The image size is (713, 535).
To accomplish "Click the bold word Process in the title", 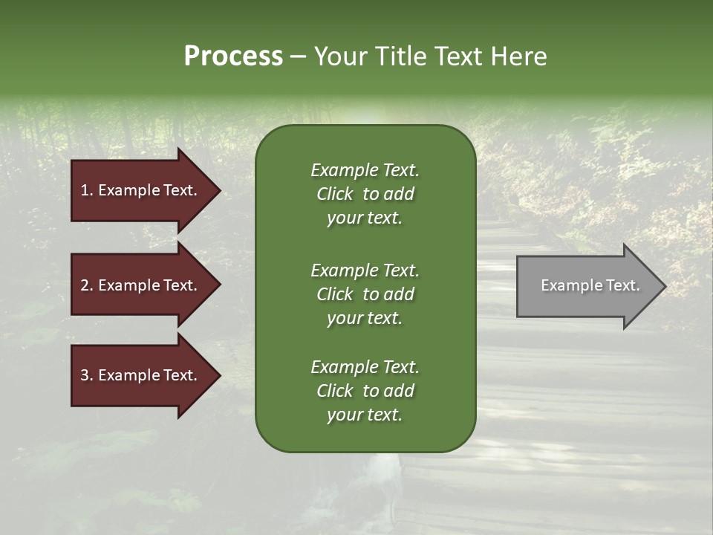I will click(x=233, y=56).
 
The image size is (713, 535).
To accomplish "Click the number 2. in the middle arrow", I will click(x=87, y=285).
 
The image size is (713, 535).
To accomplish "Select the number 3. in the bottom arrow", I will click(x=87, y=375).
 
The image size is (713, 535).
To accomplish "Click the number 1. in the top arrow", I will click(x=87, y=190).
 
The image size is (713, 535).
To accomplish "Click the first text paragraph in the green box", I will click(x=365, y=194).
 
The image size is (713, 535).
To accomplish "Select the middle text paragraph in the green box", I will click(x=365, y=294).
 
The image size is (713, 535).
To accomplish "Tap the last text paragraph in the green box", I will click(x=365, y=391).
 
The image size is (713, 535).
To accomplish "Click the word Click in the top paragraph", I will click(x=334, y=194).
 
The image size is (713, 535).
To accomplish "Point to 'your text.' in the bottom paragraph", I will click(x=365, y=415).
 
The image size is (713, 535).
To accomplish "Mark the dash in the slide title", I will click(x=298, y=56).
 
